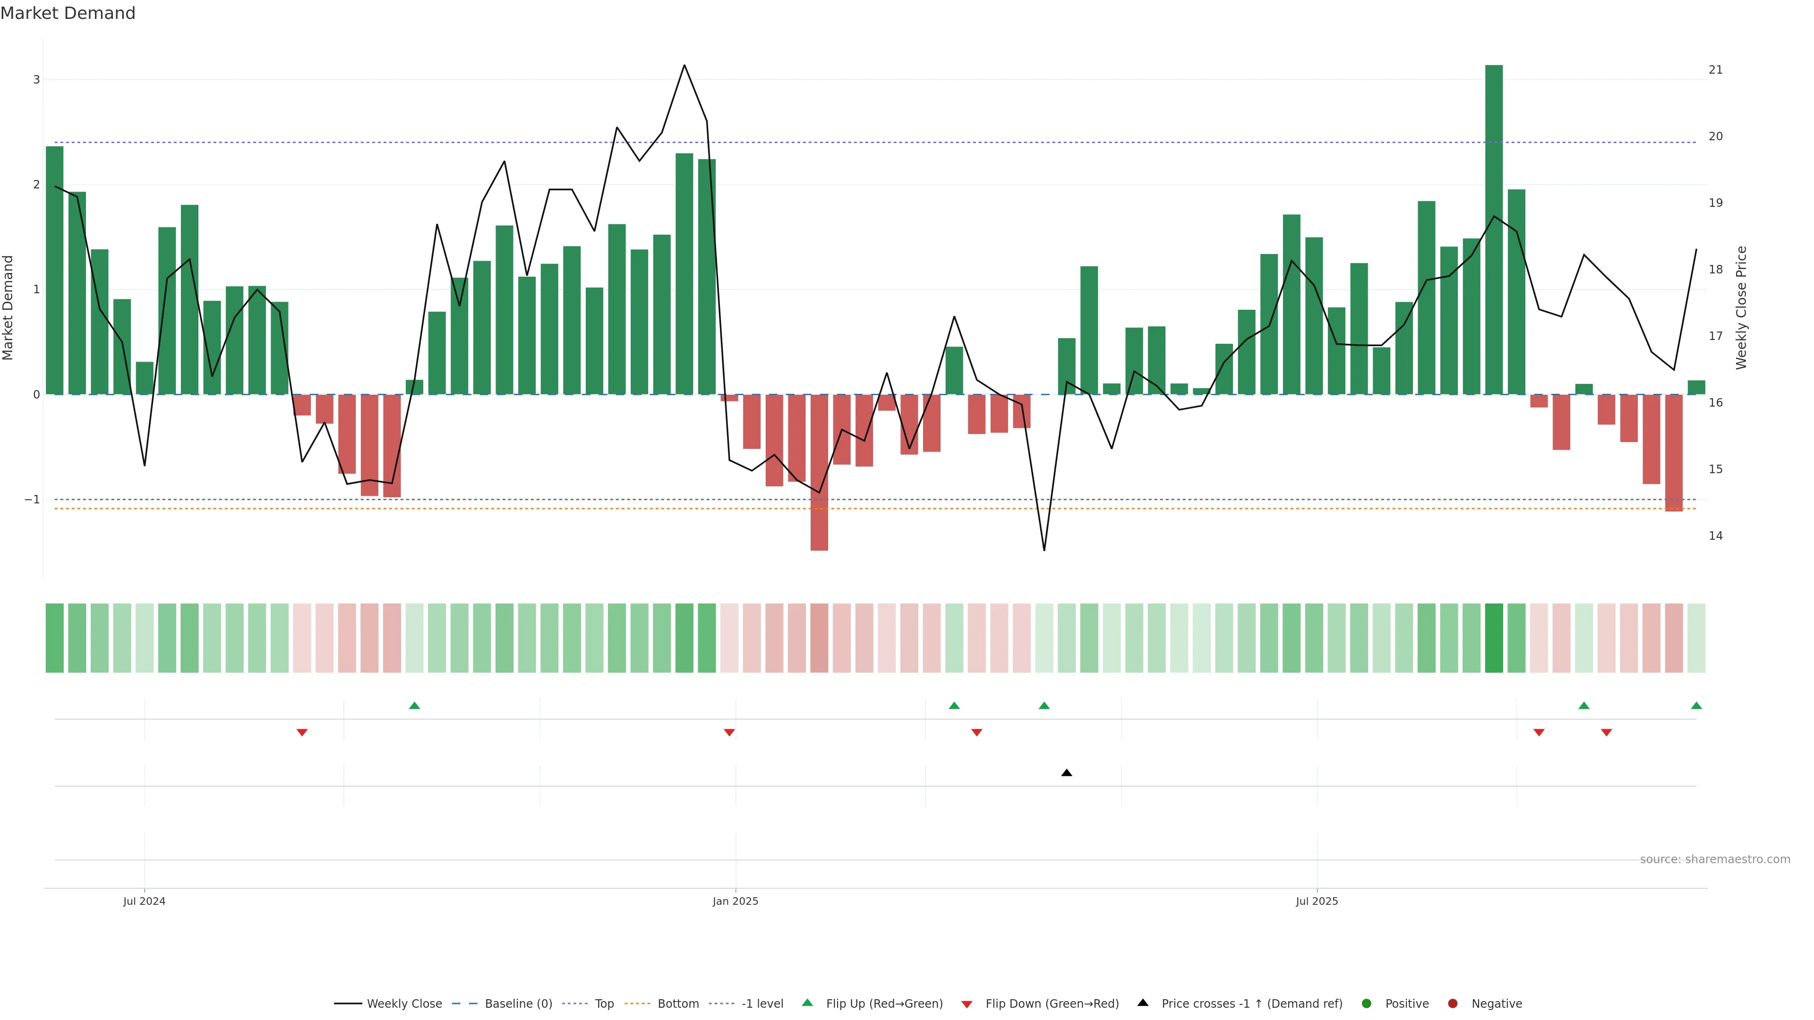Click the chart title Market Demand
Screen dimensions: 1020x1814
tap(68, 13)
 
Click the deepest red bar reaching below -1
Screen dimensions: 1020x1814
tap(819, 472)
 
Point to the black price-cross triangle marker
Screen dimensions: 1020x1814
tap(1067, 773)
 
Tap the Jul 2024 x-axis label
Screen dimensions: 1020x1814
tap(145, 901)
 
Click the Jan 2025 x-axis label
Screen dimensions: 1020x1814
tap(735, 901)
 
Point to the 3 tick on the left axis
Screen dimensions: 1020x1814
tap(37, 79)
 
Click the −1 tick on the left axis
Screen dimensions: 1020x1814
tap(33, 500)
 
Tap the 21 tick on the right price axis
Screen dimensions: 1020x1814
tap(1715, 70)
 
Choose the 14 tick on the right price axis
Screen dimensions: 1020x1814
tap(1715, 535)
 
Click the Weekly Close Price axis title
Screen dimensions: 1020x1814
tap(1741, 307)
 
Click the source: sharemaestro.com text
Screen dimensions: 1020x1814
tap(1715, 859)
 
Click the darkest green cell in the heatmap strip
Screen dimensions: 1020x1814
tap(1494, 638)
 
